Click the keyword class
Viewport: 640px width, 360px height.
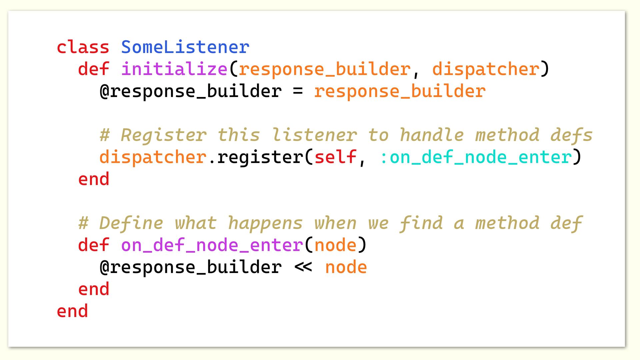83,47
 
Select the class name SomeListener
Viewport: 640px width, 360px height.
185,47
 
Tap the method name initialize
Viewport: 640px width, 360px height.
174,69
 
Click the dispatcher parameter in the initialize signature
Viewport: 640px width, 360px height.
486,69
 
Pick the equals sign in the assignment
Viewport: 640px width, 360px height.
298,91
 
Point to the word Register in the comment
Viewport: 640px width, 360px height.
163,135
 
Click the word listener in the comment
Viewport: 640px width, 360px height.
314,135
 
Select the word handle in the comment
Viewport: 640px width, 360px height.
432,135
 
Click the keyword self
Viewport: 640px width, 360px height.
335,157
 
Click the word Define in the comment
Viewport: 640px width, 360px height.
131,223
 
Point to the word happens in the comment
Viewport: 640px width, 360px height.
265,223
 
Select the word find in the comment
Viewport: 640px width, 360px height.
421,223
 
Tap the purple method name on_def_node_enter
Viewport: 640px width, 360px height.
212,245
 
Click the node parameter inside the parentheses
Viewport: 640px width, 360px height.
335,245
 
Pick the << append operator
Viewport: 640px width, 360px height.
303,267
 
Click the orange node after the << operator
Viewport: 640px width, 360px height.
346,267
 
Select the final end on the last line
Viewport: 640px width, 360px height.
72,311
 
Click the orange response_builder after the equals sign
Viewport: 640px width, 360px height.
400,91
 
